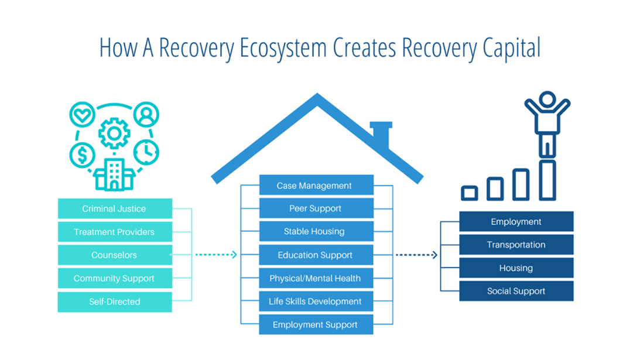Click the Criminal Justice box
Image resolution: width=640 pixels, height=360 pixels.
click(x=115, y=209)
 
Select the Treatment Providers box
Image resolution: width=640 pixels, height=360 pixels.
click(x=115, y=232)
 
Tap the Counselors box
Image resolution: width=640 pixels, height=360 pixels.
click(x=115, y=255)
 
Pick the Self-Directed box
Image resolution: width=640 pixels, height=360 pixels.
click(x=115, y=302)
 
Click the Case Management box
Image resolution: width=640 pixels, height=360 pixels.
click(x=316, y=186)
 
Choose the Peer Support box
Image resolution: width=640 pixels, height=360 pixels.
click(x=316, y=208)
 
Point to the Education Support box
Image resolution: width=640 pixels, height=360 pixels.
click(x=316, y=255)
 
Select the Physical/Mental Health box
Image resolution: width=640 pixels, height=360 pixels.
click(x=316, y=279)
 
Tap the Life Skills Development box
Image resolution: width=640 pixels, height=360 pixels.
click(x=316, y=301)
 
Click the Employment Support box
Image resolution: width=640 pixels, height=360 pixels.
click(x=316, y=325)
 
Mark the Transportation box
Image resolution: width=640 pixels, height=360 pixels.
click(x=516, y=245)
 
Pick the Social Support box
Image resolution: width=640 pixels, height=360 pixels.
click(x=516, y=291)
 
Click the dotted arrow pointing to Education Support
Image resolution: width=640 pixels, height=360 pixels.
click(x=215, y=255)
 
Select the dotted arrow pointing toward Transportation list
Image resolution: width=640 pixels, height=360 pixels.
click(x=416, y=255)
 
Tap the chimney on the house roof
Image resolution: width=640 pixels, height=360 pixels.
click(x=382, y=134)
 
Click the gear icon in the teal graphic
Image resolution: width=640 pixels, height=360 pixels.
click(x=114, y=134)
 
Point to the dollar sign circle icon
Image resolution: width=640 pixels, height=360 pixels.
click(x=82, y=155)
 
